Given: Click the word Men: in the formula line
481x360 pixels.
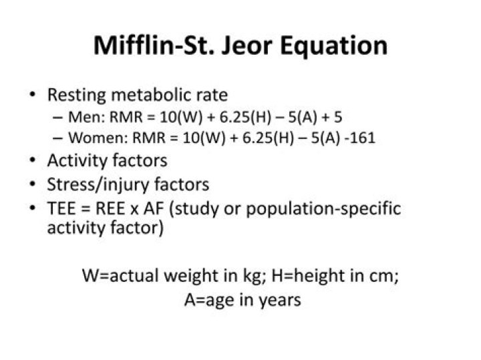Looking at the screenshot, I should point(84,117).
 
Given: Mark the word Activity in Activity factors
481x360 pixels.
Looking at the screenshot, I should point(73,161).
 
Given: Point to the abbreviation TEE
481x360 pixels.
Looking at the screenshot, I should point(61,208).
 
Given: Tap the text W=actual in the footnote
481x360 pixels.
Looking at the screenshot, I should point(116,275).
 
